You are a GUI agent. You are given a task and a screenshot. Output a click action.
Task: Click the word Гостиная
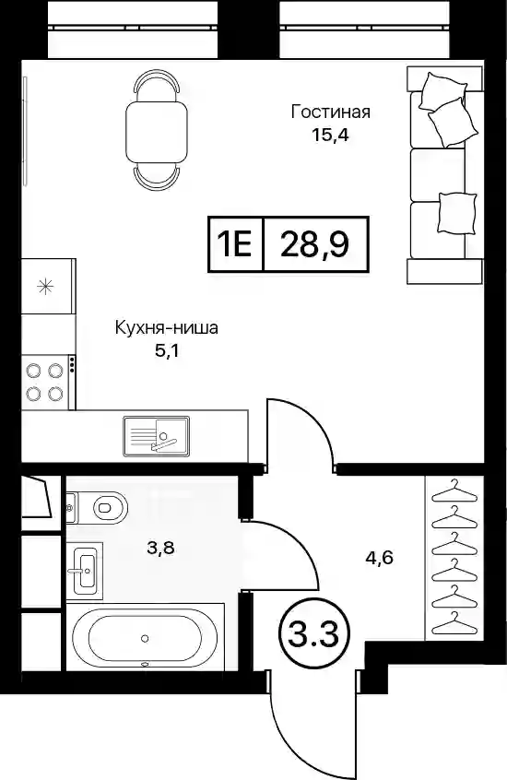coord(330,112)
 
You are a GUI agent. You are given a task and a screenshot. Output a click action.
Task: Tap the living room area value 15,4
coord(328,135)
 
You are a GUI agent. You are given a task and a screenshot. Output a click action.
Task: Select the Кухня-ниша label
coord(166,328)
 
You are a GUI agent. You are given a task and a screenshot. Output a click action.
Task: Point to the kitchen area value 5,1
coord(167,351)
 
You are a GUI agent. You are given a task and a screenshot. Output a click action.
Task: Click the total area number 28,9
coord(314,244)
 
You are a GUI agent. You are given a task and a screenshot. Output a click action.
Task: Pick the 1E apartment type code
coord(235,244)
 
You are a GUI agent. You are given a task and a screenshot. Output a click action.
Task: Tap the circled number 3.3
coord(314,634)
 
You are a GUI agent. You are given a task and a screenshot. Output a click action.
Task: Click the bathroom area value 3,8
coord(159,549)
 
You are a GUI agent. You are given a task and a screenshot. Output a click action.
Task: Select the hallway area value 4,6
coord(380,558)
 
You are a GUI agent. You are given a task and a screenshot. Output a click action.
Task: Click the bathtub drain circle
coord(145,638)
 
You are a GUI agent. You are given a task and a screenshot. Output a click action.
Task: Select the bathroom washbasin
coord(86,568)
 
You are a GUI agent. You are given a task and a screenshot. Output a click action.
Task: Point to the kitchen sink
coord(156,436)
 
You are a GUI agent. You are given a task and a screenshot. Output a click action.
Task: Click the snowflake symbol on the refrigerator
coord(46,287)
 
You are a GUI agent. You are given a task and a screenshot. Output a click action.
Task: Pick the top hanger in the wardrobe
coord(454,491)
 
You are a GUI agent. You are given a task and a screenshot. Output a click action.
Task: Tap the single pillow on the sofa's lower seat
coord(456,213)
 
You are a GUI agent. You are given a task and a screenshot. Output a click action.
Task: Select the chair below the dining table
coord(157,178)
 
